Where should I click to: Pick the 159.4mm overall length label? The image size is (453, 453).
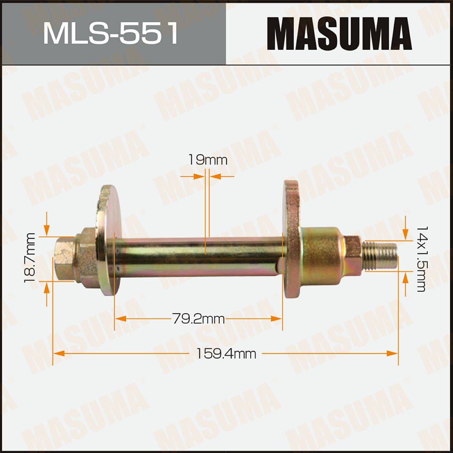point(226,361)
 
